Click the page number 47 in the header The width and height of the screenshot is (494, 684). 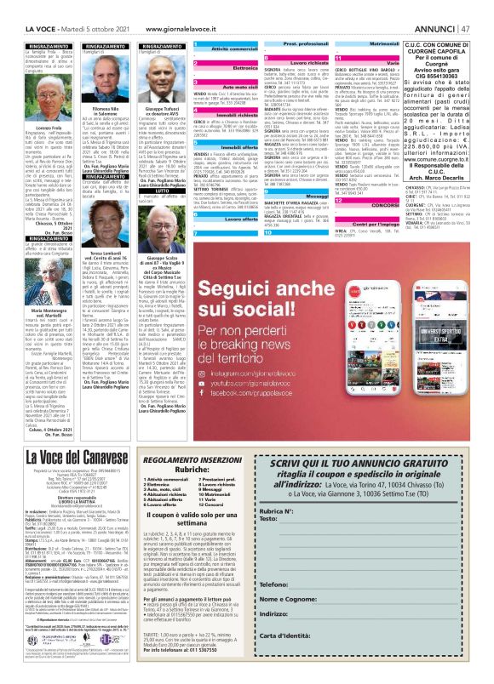coord(482,9)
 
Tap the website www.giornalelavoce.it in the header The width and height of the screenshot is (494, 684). coord(185,9)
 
